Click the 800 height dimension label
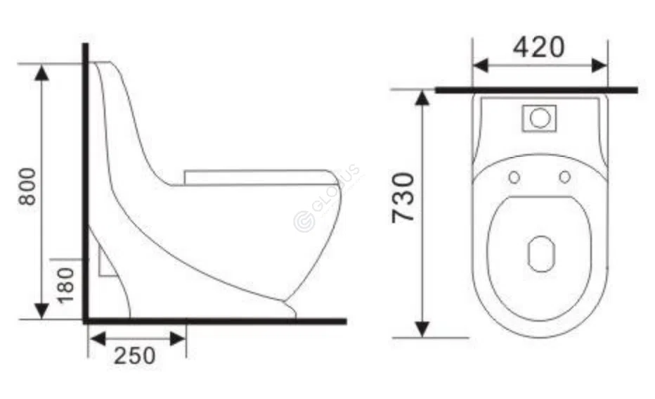coord(27,186)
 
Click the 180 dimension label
coord(65,285)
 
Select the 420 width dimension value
coord(538,47)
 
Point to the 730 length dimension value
coord(404,198)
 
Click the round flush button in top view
coord(539,118)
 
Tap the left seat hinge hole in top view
coord(514,177)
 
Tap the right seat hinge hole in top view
coord(565,177)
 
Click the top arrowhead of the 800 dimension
coord(42,71)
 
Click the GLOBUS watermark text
coord(327,197)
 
